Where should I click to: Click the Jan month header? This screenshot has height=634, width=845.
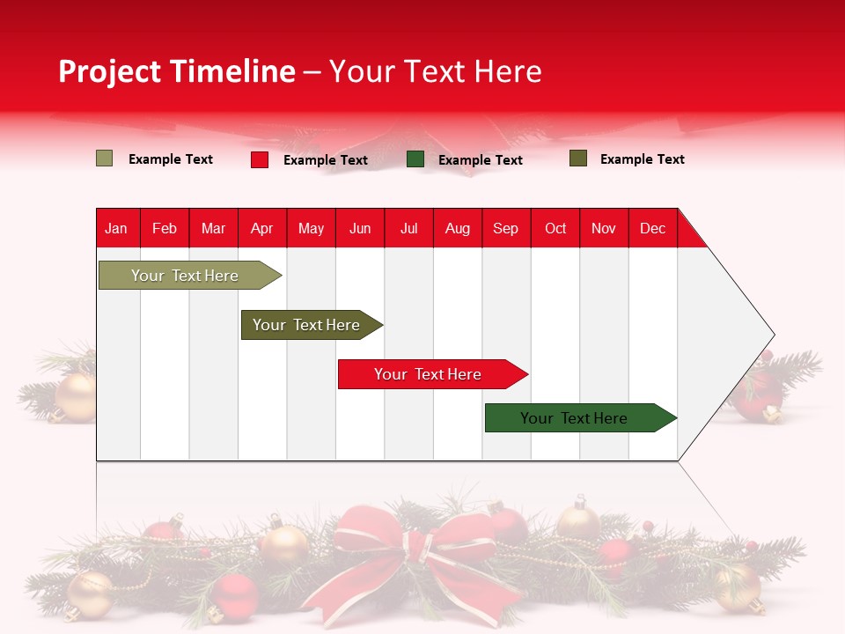pyautogui.click(x=116, y=228)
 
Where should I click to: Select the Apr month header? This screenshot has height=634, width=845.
pyautogui.click(x=261, y=228)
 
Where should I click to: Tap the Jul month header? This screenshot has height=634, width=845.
pyautogui.click(x=408, y=228)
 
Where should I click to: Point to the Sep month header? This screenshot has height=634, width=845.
pyautogui.click(x=505, y=228)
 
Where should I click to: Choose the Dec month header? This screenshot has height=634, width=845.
pyautogui.click(x=652, y=228)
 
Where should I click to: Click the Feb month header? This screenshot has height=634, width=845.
pyautogui.click(x=165, y=228)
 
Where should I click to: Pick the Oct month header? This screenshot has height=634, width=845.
pyautogui.click(x=555, y=228)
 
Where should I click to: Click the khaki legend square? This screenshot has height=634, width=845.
pyautogui.click(x=104, y=158)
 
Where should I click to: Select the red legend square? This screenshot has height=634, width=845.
pyautogui.click(x=260, y=159)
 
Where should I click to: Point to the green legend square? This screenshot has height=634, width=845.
pyautogui.click(x=415, y=159)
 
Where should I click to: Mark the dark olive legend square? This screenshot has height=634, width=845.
pyautogui.click(x=578, y=158)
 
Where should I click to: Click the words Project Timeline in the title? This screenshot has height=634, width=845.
pyautogui.click(x=177, y=71)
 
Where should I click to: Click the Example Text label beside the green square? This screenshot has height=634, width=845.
pyautogui.click(x=481, y=160)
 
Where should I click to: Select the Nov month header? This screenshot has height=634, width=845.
pyautogui.click(x=604, y=228)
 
